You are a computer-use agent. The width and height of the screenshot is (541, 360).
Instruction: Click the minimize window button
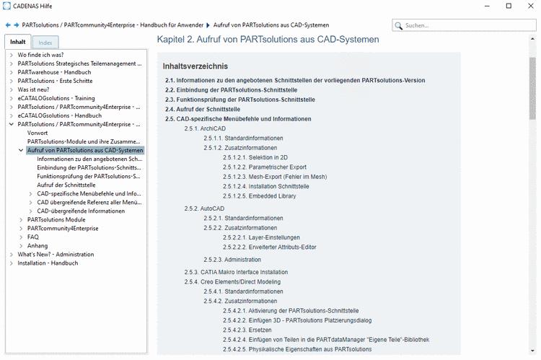pos(488,6)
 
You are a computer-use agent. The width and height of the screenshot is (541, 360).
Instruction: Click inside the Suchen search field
pos(467,25)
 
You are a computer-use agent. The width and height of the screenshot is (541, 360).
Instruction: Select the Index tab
pos(45,43)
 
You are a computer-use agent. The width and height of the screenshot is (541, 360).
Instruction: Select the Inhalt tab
pos(18,42)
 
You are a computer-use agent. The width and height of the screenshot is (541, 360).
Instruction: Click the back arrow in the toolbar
pos(8,24)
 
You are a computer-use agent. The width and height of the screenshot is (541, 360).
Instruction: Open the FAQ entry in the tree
pos(33,237)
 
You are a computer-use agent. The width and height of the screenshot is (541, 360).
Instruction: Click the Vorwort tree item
pos(38,133)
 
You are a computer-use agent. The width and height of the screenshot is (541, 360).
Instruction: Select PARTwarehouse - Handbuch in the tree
pos(54,72)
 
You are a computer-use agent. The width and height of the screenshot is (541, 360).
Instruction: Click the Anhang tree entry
pos(38,245)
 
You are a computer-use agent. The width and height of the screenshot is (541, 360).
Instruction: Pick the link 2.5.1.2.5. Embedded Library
pos(259,196)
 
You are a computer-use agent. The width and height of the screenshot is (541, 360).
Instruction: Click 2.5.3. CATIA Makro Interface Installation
pos(236,272)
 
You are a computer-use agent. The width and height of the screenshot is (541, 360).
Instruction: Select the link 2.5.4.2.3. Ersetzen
pos(252,330)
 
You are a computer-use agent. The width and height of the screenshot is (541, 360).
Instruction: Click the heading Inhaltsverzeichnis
pos(195,66)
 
